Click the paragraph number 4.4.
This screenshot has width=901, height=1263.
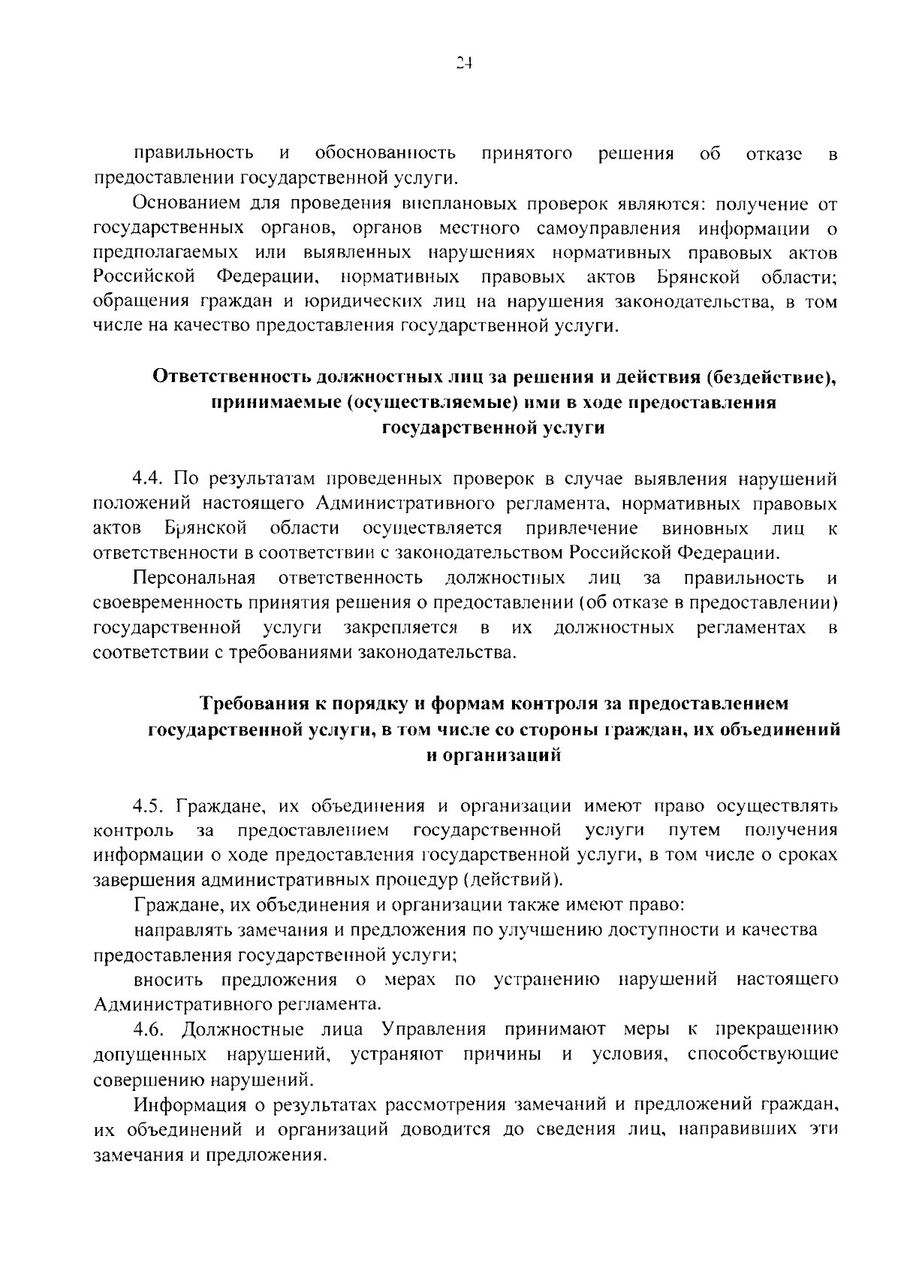pyautogui.click(x=149, y=479)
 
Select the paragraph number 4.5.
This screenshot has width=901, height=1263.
pyautogui.click(x=149, y=807)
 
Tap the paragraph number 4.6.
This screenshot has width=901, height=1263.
pyautogui.click(x=149, y=1029)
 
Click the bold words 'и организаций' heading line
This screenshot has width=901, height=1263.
pyautogui.click(x=493, y=755)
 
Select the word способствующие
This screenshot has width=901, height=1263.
pyautogui.click(x=762, y=1054)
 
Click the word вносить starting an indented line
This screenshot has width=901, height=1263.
pyautogui.click(x=168, y=980)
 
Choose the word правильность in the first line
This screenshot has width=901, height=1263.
pyautogui.click(x=194, y=154)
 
